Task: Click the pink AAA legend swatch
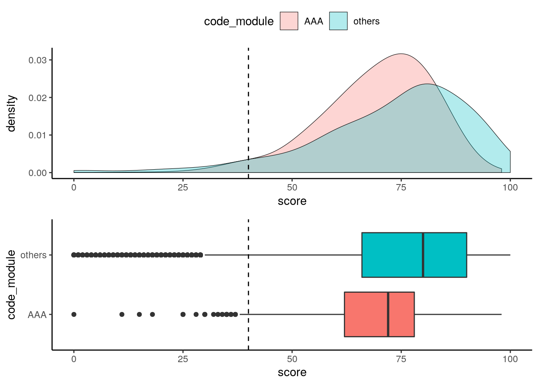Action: tap(289, 21)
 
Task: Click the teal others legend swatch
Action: tap(338, 21)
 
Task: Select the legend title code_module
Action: tap(239, 21)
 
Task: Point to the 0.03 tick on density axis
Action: tap(37, 60)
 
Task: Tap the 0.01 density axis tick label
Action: tap(37, 135)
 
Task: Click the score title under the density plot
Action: tap(292, 201)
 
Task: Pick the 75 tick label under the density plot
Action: tap(401, 188)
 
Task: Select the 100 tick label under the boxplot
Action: tap(510, 359)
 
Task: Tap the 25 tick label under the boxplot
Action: tap(183, 359)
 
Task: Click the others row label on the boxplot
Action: tap(33, 255)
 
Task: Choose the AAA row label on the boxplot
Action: tap(37, 315)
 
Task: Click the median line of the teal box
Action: tap(423, 255)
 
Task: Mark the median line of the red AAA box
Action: tap(388, 314)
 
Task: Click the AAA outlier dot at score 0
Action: tap(74, 314)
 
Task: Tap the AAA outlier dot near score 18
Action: tap(152, 314)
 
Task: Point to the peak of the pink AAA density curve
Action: tap(401, 54)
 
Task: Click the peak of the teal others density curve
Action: tap(427, 84)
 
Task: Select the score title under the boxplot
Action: tap(292, 373)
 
